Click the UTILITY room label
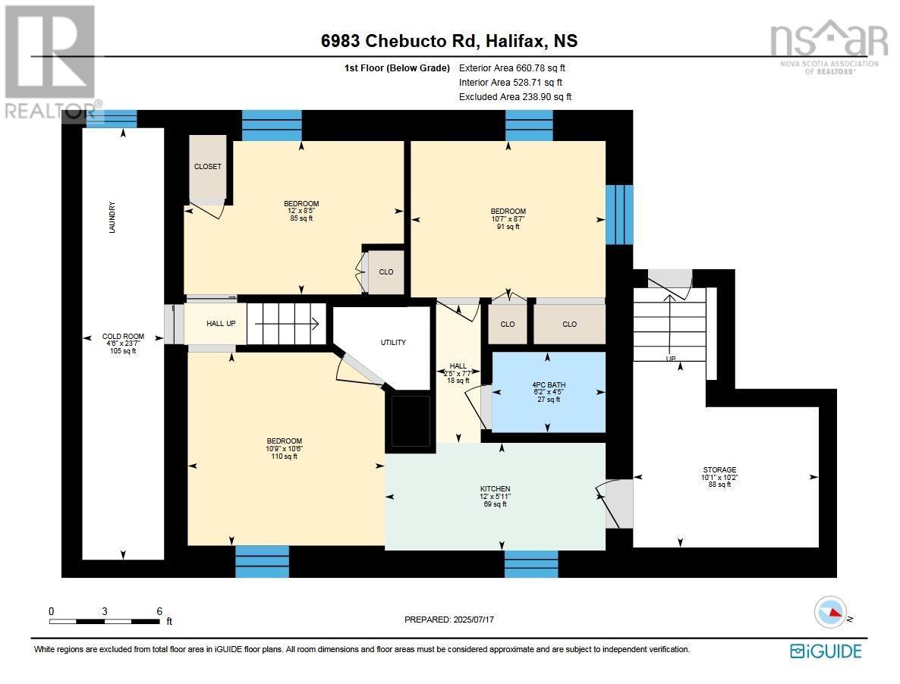tap(393, 342)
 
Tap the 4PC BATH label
tap(549, 392)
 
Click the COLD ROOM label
tap(124, 344)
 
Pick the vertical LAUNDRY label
tap(112, 218)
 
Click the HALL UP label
tap(221, 323)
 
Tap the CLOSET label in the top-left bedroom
tap(208, 166)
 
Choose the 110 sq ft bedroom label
tap(284, 449)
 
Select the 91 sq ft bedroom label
tap(508, 218)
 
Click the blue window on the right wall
tap(619, 215)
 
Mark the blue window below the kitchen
tap(531, 564)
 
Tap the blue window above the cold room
tap(112, 119)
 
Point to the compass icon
tap(830, 612)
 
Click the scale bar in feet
tap(105, 621)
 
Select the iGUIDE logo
tap(826, 651)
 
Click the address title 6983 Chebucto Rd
tap(399, 41)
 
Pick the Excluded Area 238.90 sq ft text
tap(515, 97)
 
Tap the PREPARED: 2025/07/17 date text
tap(449, 620)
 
